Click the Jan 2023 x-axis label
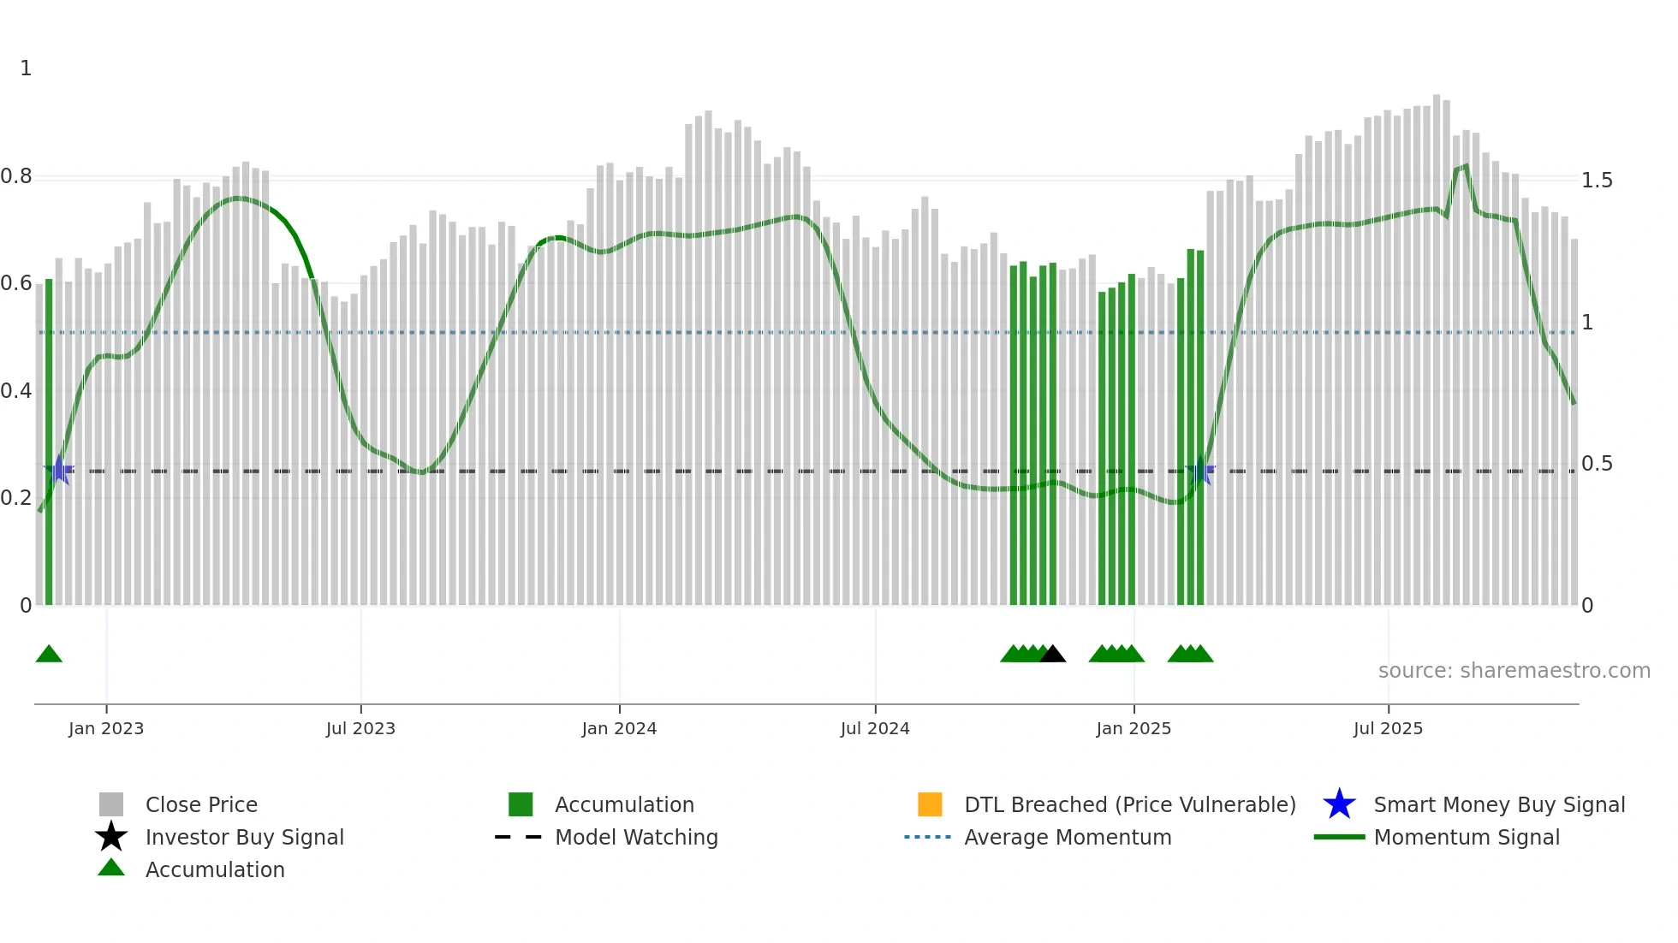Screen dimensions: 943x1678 point(106,729)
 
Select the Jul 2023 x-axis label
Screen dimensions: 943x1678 point(360,729)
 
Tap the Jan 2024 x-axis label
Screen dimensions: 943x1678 point(619,729)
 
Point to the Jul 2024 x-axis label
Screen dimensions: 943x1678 point(875,729)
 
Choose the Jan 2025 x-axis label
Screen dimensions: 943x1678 point(1134,729)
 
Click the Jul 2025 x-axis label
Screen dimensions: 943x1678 point(1388,729)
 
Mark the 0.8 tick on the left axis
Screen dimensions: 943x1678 point(16,177)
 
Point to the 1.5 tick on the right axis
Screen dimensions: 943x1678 point(1597,181)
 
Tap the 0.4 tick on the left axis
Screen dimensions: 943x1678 point(16,391)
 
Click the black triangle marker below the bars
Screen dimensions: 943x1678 point(1052,655)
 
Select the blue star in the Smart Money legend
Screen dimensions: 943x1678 point(1339,804)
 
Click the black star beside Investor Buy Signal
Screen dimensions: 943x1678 point(111,837)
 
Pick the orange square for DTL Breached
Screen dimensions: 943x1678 point(930,804)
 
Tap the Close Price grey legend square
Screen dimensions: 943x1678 point(111,804)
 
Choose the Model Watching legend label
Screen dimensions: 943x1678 point(636,838)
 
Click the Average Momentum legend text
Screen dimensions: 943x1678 point(1068,838)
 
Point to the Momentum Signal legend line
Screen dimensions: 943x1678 point(1339,837)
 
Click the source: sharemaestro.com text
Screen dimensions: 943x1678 point(1514,671)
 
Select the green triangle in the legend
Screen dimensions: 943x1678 point(111,869)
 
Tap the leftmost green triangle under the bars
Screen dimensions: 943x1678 point(49,655)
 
